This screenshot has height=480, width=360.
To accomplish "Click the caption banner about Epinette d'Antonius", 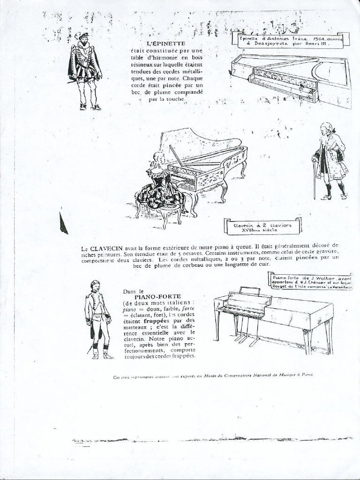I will click(291, 40).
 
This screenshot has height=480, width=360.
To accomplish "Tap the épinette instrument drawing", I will click(291, 77).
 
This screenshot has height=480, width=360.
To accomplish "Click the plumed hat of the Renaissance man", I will click(82, 36).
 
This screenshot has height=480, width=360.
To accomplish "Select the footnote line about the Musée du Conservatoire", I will click(213, 375).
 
